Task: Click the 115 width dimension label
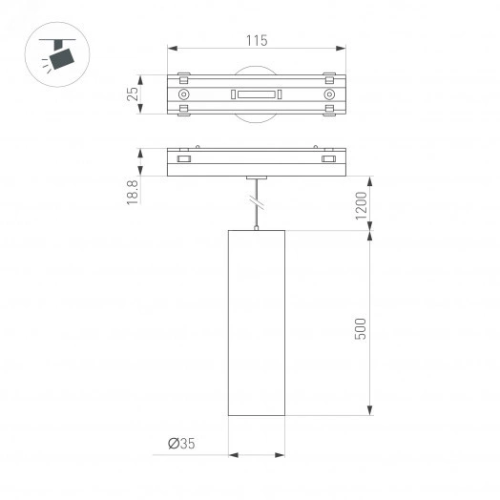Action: [255, 40]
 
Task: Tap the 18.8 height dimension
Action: [134, 190]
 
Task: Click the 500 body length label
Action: [361, 326]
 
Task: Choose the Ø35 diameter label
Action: [182, 444]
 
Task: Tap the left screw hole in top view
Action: [183, 94]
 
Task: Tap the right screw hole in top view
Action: [328, 94]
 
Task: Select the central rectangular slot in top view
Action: [255, 94]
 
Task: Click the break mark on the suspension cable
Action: [255, 202]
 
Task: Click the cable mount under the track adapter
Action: [255, 177]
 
